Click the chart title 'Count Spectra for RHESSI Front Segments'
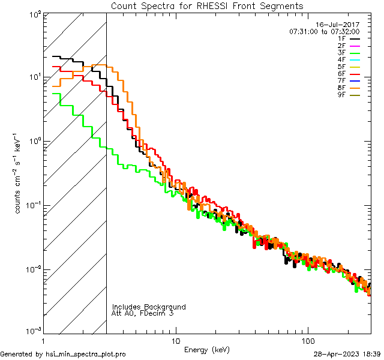207,6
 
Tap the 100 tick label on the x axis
307,341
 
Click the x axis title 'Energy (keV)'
207,349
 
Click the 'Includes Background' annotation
149,307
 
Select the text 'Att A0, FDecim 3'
143,313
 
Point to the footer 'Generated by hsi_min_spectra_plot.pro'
63,354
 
